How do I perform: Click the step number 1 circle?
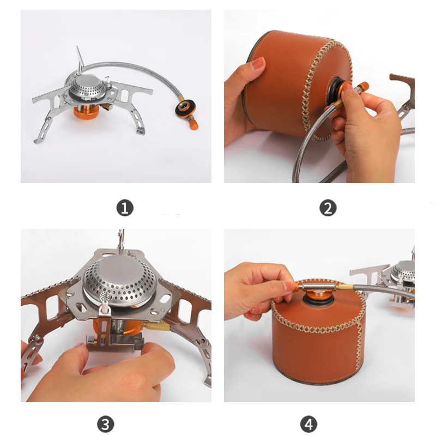(125, 208)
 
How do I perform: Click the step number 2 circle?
(328, 208)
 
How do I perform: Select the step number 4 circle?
(308, 423)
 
